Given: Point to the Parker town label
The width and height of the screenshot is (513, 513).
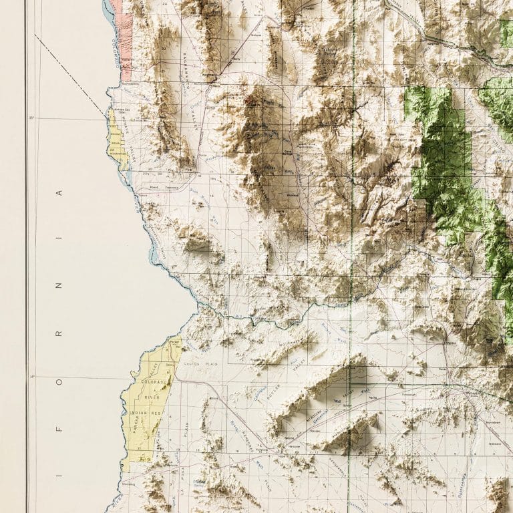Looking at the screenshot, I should click(174, 341).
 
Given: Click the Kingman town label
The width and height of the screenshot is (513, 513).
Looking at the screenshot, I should click(235, 58).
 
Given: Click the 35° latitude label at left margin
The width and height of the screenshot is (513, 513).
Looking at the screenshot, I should click(31, 118).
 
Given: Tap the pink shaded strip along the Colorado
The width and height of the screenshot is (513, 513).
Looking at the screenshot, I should click(126, 40).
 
